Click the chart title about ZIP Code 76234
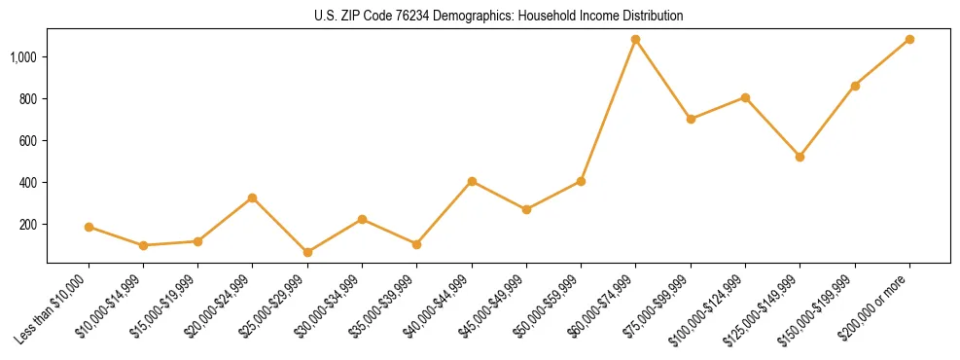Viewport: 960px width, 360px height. coord(499,17)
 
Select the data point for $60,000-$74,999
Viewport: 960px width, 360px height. coord(636,40)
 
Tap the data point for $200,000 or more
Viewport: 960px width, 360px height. coord(909,40)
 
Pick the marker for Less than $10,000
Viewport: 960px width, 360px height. coord(89,227)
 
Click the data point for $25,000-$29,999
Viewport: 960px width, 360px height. coord(307,252)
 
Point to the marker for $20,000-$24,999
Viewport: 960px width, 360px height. coord(253,198)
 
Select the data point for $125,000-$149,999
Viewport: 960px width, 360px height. coord(800,157)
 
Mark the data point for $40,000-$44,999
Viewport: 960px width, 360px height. coord(472,181)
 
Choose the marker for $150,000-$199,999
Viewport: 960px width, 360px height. coord(855,86)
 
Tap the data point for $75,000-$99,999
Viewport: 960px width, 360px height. coord(691,119)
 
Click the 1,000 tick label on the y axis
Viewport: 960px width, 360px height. coord(24,57)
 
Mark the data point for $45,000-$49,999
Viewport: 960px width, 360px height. coord(526,209)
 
